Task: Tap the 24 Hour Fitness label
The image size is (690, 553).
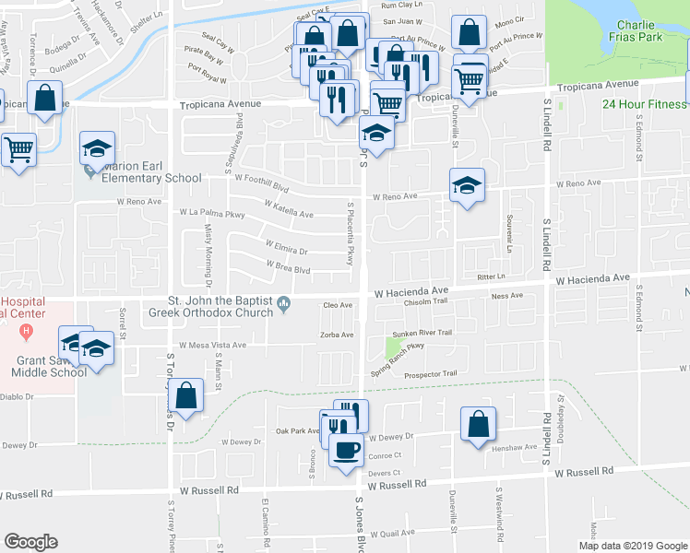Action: (x=645, y=104)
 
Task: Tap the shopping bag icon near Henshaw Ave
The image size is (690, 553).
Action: (x=479, y=425)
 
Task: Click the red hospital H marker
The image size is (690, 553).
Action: (x=27, y=330)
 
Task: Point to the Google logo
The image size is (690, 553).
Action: (x=30, y=542)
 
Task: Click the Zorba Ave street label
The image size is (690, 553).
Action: (x=337, y=335)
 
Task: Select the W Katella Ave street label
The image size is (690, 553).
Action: (x=289, y=211)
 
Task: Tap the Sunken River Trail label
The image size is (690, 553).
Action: (x=422, y=333)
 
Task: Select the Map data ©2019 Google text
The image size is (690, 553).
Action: (x=633, y=546)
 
